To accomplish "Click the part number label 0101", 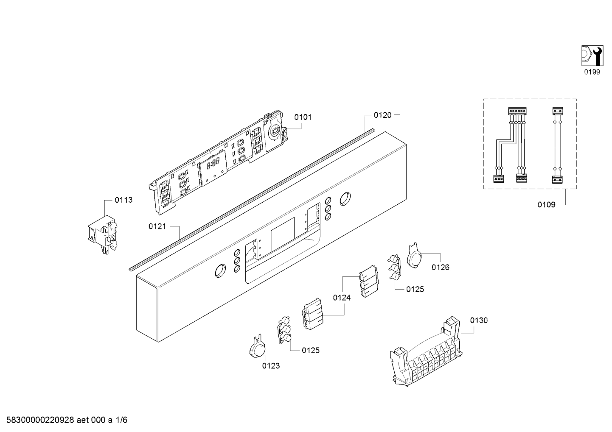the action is click(x=303, y=117).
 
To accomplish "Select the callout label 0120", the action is click(x=382, y=115).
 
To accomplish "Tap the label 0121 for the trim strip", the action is click(x=157, y=226).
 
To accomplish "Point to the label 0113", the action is click(x=124, y=200).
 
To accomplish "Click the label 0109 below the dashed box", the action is click(x=547, y=205).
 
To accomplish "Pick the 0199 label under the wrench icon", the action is click(x=592, y=72).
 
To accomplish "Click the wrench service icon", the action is click(x=592, y=56).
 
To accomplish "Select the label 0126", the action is click(x=441, y=268).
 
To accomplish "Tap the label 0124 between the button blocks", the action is click(x=342, y=298).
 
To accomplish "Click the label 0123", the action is click(x=271, y=366).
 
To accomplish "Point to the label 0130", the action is click(x=479, y=321).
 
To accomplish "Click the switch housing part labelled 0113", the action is click(x=103, y=234).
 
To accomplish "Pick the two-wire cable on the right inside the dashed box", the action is click(x=557, y=145).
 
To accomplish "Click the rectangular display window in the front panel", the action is click(x=283, y=235).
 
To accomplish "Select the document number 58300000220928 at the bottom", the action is click(x=40, y=420).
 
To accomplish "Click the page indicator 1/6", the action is click(x=121, y=420).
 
